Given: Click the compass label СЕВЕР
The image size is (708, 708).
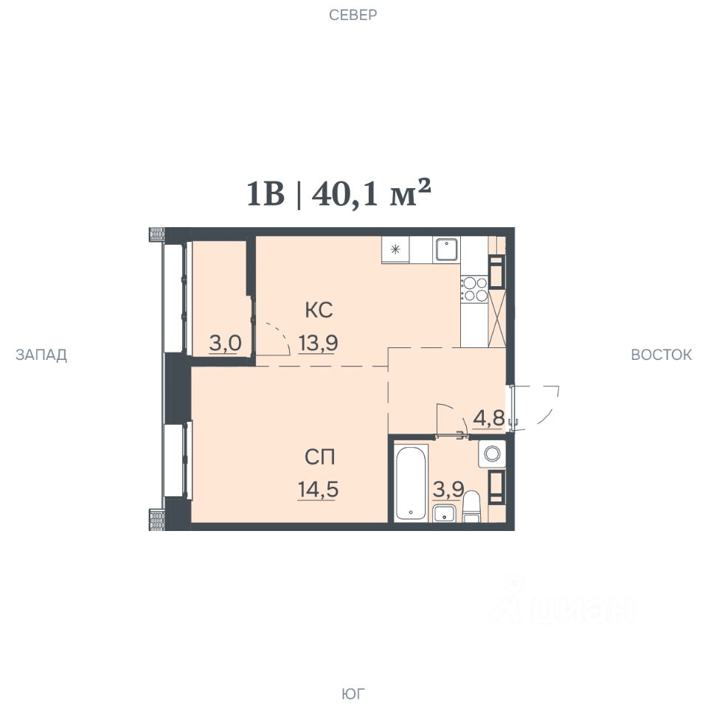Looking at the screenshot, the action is tap(353, 15).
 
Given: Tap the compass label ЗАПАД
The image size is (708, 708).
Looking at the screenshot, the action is tap(41, 355).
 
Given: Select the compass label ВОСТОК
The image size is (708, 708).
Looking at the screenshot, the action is tap(661, 355).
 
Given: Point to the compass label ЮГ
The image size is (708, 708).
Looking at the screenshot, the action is tap(353, 693).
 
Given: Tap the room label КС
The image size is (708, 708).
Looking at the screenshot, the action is tap(319, 310).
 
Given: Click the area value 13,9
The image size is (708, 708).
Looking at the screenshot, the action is tap(318, 343).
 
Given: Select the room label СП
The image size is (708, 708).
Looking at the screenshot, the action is tap(319, 457).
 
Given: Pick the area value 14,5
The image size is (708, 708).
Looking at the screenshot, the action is tap(318, 490).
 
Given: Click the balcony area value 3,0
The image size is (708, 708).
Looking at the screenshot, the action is tap(226, 344).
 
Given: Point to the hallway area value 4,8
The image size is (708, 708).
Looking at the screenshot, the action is tap(488, 418).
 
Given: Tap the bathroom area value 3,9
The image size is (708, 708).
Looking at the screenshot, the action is tap(448, 490).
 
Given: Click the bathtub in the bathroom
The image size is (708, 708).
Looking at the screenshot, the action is tap(411, 482).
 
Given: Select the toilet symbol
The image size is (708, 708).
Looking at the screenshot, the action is tap(473, 507).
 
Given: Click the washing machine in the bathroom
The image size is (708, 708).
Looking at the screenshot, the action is tap(492, 454).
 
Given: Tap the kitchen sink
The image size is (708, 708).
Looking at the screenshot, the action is tap(447, 250).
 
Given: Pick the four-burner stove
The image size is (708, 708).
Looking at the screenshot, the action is tap(474, 289).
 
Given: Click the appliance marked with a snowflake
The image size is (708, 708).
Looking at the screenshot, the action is tap(395, 249).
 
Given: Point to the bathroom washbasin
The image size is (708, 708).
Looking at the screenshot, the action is tap(444, 514).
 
